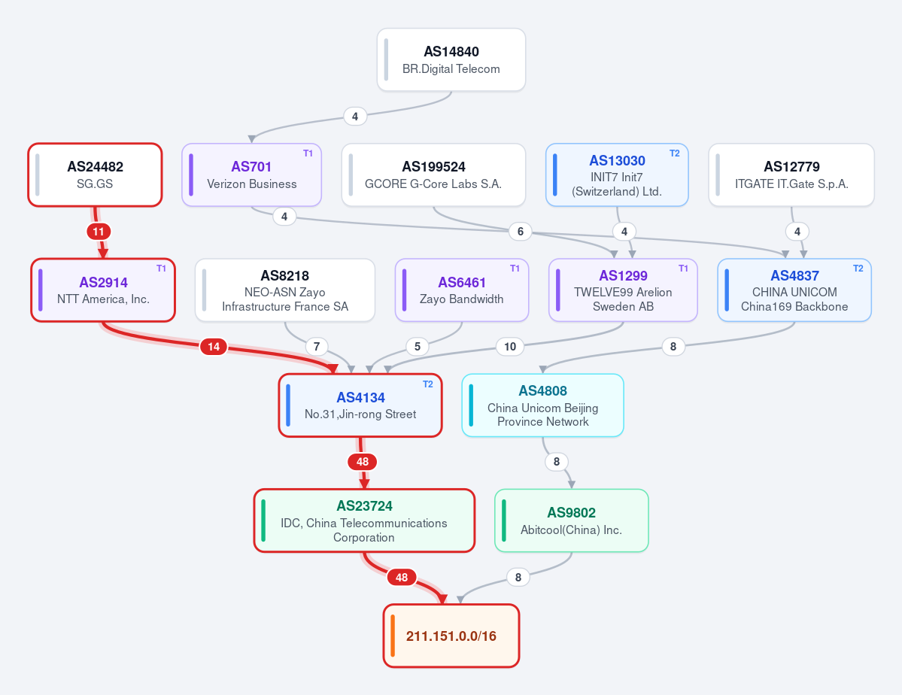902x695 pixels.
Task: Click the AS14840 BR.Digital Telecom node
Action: coord(451,60)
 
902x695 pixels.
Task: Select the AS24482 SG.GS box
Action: coord(95,175)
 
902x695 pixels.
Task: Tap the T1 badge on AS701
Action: coord(308,153)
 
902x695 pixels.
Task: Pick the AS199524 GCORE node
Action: coord(433,175)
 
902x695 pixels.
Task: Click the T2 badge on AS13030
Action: coord(674,153)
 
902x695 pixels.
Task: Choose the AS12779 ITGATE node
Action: coord(791,175)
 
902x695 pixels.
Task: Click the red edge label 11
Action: coord(99,232)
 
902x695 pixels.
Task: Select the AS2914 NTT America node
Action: coord(103,290)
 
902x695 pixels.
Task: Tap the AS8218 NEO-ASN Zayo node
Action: coord(285,290)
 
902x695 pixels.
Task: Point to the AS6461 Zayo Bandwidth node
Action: coord(461,290)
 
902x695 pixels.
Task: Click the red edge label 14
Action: coord(214,346)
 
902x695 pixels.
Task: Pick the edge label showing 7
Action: coord(317,346)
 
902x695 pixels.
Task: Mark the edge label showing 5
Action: coord(417,346)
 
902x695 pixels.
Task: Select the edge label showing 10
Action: coord(509,346)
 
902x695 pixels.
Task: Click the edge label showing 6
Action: coord(520,231)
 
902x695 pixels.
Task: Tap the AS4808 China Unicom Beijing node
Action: coord(542,405)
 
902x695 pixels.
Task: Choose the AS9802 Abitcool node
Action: coord(571,520)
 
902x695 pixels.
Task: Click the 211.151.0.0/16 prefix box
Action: coord(451,636)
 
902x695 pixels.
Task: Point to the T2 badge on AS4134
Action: coord(427,384)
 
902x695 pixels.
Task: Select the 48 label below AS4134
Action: coord(363,461)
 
